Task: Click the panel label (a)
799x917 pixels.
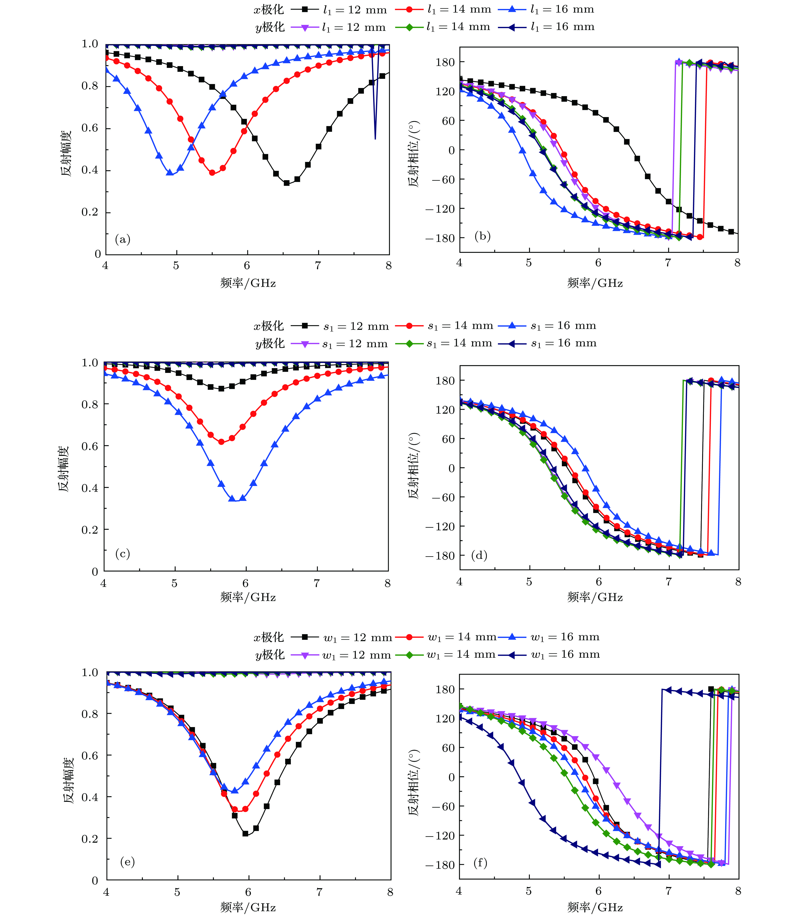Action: pyautogui.click(x=123, y=240)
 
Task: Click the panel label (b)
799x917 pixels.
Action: pyautogui.click(x=482, y=236)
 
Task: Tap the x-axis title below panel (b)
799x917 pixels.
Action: pyautogui.click(x=595, y=283)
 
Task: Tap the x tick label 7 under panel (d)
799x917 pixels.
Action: pyautogui.click(x=668, y=582)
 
